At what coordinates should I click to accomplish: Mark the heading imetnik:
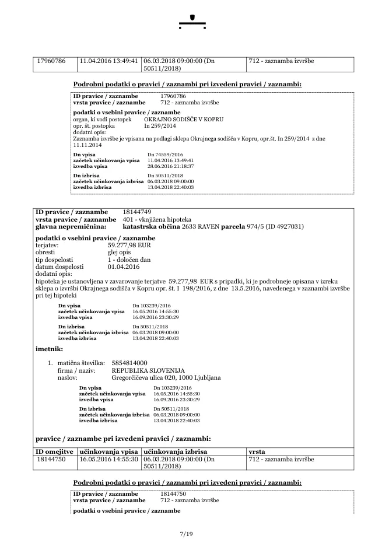click(50, 348)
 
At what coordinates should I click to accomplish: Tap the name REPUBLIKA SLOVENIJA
click(148, 370)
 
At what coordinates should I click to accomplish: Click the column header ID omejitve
click(54, 451)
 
